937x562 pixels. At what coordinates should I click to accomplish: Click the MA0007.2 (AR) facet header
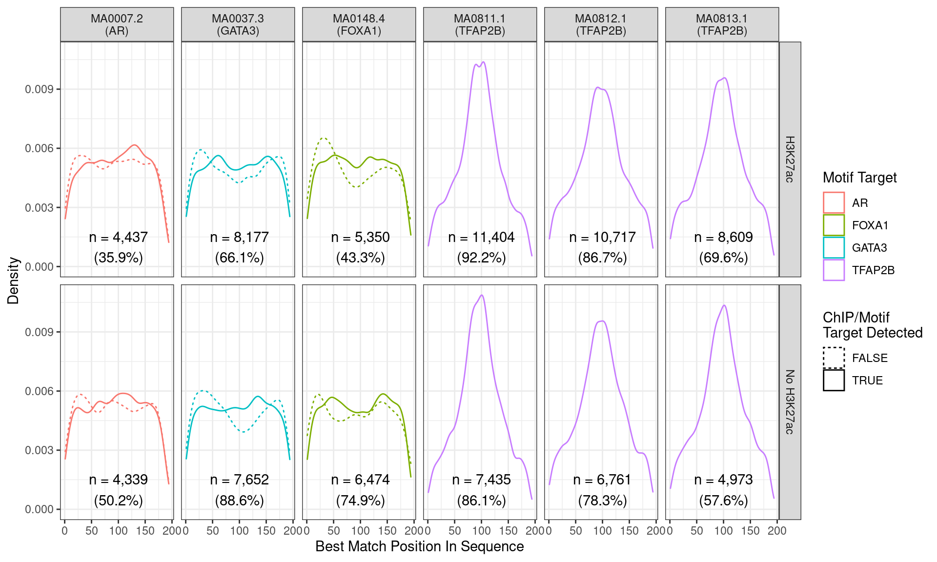[x=117, y=24]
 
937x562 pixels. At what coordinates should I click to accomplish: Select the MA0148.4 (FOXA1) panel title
[x=359, y=24]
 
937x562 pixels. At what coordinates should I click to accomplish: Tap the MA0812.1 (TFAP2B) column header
[x=601, y=24]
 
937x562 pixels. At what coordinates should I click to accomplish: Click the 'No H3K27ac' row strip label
[x=790, y=402]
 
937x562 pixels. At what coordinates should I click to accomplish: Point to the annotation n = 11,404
[x=481, y=237]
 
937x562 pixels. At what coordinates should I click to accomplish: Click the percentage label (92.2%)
[x=481, y=258]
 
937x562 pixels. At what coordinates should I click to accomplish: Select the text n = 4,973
[x=723, y=480]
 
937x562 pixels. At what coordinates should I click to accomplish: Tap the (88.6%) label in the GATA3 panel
[x=239, y=501]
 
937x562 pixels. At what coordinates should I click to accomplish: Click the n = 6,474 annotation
[x=360, y=480]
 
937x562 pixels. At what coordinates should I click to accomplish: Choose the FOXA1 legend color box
[x=834, y=225]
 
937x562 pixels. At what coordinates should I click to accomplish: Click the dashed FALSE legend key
[x=834, y=358]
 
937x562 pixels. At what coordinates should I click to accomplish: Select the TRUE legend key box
[x=834, y=380]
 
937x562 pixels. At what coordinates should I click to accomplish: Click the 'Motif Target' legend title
[x=859, y=178]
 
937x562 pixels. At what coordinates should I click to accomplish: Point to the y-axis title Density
[x=13, y=281]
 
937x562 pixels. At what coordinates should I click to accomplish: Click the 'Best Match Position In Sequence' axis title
[x=419, y=546]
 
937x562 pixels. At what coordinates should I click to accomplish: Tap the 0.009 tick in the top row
[x=39, y=89]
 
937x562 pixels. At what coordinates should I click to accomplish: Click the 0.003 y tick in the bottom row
[x=39, y=450]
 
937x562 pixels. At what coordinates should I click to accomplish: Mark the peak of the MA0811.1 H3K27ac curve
[x=483, y=62]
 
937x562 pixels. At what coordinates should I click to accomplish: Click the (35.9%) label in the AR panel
[x=118, y=258]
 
